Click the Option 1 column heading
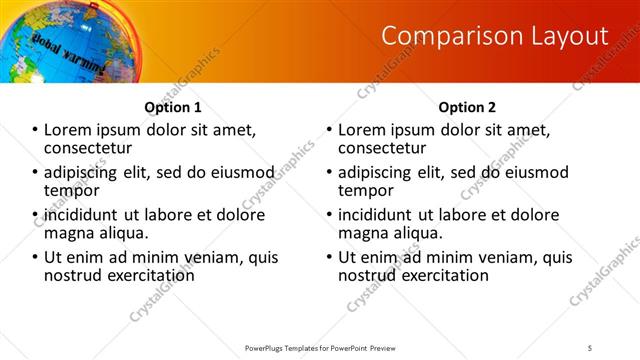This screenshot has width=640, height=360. click(172, 107)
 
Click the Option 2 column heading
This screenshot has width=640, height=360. click(466, 107)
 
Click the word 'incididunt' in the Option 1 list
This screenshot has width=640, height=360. click(84, 215)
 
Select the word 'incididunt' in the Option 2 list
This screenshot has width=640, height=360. click(377, 215)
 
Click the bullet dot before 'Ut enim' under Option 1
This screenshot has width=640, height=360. click(36, 258)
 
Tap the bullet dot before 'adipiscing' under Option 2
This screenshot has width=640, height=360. click(329, 173)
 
